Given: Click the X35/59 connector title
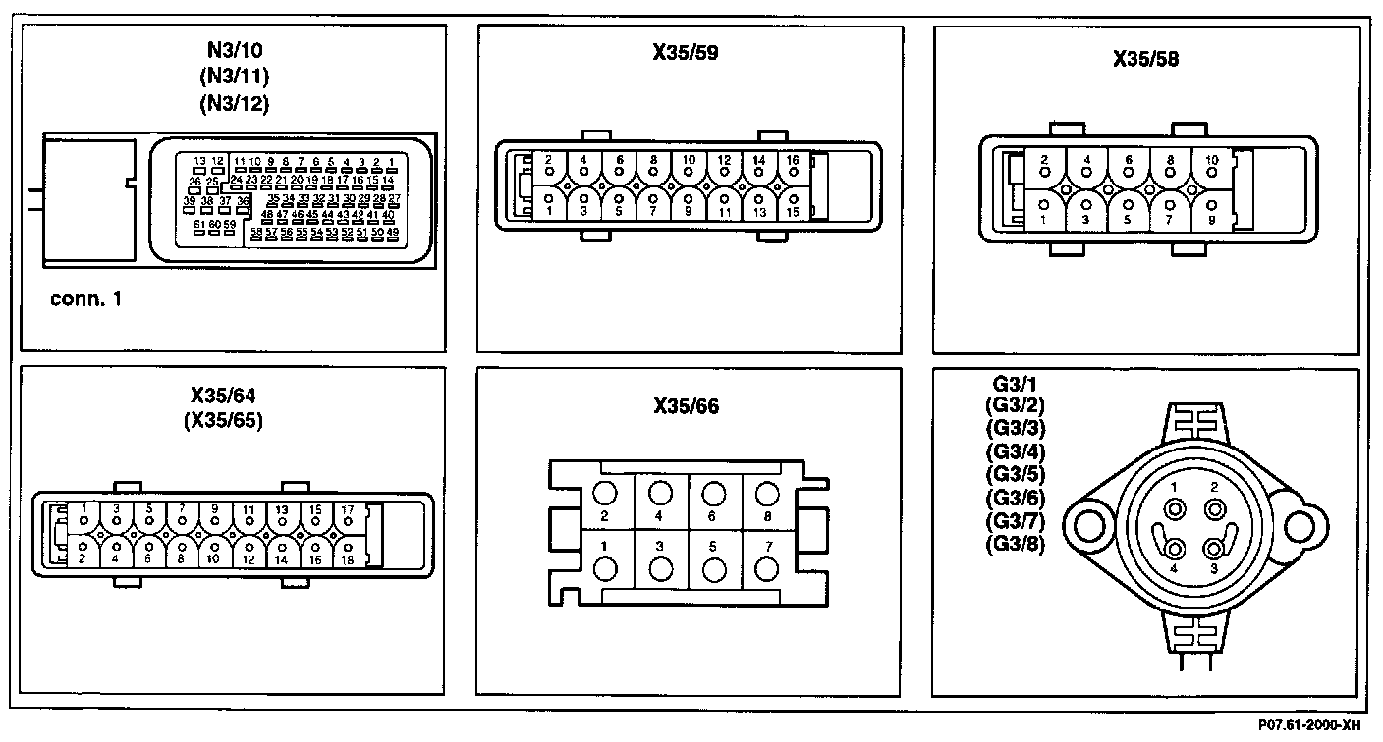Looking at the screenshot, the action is (x=686, y=53).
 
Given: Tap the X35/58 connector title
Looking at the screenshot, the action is (x=1145, y=59).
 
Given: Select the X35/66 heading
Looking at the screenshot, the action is (x=686, y=405).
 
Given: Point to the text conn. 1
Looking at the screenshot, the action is (x=86, y=298).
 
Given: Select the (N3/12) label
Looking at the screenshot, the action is (x=234, y=102).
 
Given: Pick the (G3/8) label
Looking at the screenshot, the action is (x=1015, y=541).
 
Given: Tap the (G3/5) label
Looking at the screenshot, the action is (x=1015, y=474).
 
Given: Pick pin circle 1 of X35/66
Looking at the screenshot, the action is (x=606, y=570).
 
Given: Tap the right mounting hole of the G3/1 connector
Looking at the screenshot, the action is (x=1300, y=524).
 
